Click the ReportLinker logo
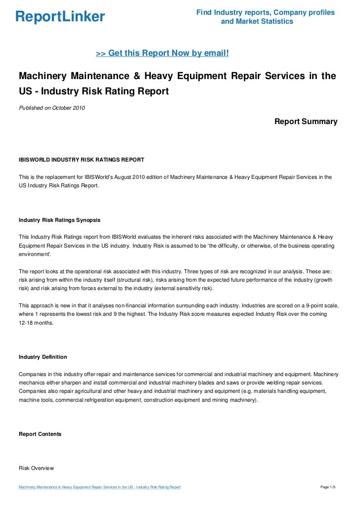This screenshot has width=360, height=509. (60, 17)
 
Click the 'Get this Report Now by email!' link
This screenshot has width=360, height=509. (162, 52)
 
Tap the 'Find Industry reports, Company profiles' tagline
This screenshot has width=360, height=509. (265, 12)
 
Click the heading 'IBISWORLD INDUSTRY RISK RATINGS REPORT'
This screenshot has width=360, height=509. (81, 160)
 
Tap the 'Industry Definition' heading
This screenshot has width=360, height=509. (43, 357)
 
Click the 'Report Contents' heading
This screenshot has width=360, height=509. (40, 434)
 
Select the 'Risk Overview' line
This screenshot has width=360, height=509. (36, 467)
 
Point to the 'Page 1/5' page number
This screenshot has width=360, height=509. (328, 488)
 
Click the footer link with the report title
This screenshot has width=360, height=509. (99, 488)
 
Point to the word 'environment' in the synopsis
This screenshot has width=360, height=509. (35, 254)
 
